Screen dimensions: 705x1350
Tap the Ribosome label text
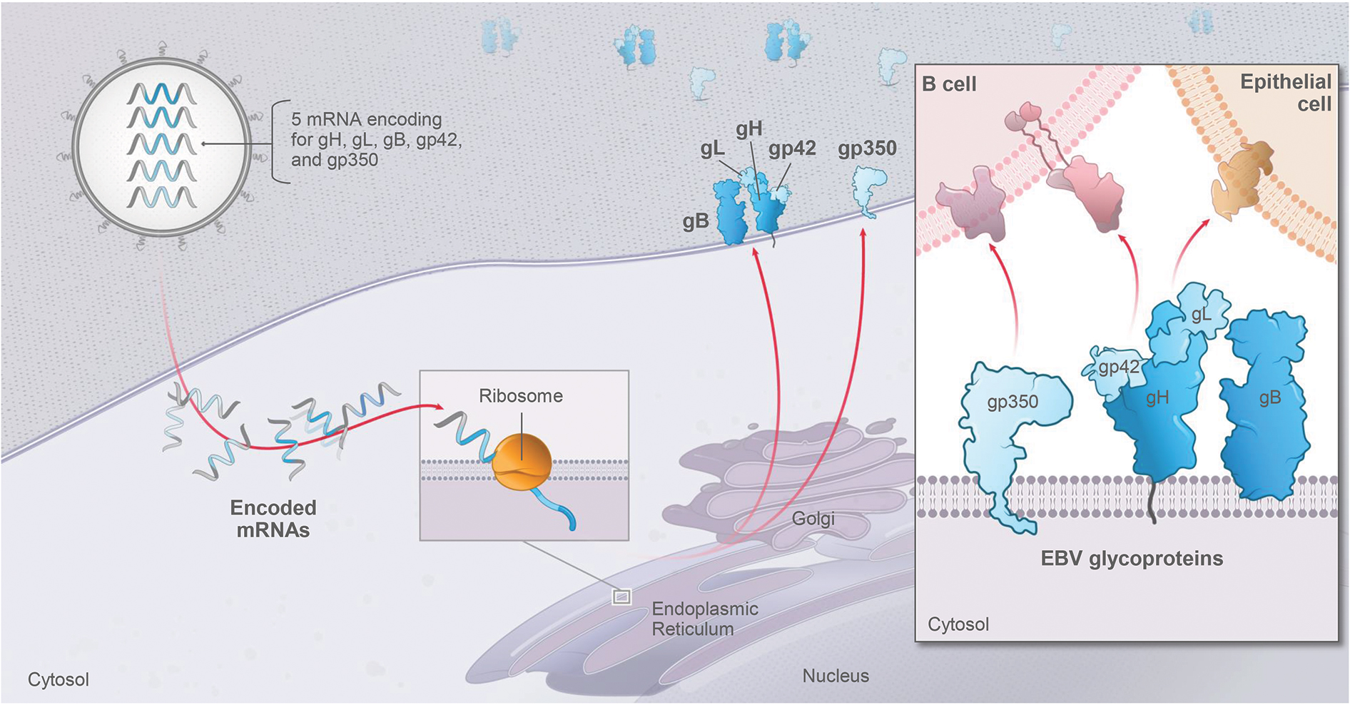pos(520,396)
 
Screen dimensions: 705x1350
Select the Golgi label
pos(813,519)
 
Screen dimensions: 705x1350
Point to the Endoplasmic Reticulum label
pos(704,619)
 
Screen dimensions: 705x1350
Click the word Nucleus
pos(836,676)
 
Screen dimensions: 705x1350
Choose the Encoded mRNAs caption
pos(273,519)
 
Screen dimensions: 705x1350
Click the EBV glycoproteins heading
pos(1132,558)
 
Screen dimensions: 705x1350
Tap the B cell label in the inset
pos(948,84)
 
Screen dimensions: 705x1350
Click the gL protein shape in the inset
pos(1199,314)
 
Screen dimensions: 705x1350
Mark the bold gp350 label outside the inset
pos(867,148)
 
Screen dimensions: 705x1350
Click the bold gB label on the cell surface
pos(696,221)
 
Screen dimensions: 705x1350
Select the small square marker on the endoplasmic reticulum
pos(621,597)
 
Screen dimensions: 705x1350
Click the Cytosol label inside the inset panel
pos(958,624)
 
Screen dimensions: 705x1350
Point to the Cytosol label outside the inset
pos(59,679)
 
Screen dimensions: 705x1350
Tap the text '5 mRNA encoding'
pos(366,119)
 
